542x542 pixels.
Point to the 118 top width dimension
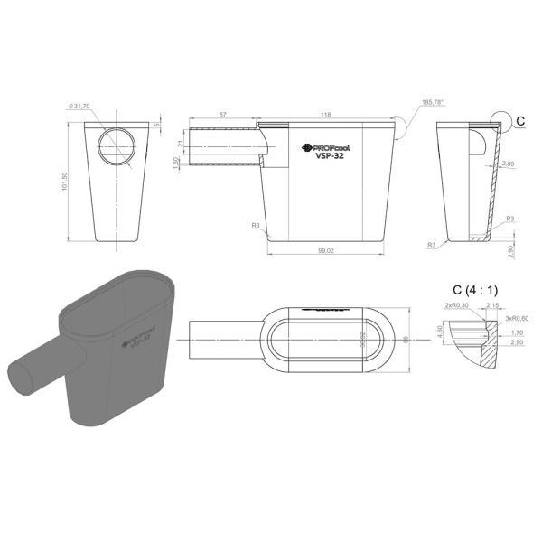point(325,115)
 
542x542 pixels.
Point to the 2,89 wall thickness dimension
point(509,165)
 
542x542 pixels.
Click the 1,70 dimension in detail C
point(516,332)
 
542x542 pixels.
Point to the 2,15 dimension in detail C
point(493,306)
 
